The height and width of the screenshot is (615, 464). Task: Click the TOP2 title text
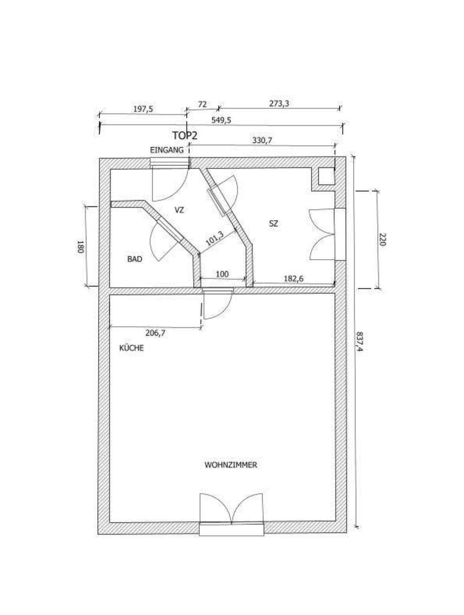click(x=185, y=135)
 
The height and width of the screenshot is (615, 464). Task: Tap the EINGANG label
click(x=167, y=150)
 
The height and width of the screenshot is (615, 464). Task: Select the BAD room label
click(x=135, y=259)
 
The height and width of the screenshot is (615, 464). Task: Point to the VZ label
click(x=179, y=210)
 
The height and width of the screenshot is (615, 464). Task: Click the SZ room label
click(x=274, y=224)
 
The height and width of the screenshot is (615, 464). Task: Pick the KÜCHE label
click(x=131, y=348)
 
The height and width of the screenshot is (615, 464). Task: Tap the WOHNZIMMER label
click(x=231, y=465)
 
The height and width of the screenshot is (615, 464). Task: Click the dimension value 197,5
click(x=142, y=109)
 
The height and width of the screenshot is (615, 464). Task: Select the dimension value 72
click(x=202, y=104)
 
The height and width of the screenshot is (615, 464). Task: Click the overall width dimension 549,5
click(x=221, y=120)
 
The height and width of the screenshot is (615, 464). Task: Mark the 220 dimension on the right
click(x=382, y=239)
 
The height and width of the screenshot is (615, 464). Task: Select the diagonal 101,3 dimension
click(x=214, y=239)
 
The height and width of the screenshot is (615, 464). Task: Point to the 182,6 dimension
click(x=294, y=279)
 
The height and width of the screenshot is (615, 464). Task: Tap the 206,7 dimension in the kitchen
click(x=155, y=333)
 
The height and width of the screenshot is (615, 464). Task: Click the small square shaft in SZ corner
click(x=326, y=176)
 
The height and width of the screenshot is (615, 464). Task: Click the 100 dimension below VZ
click(x=223, y=274)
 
